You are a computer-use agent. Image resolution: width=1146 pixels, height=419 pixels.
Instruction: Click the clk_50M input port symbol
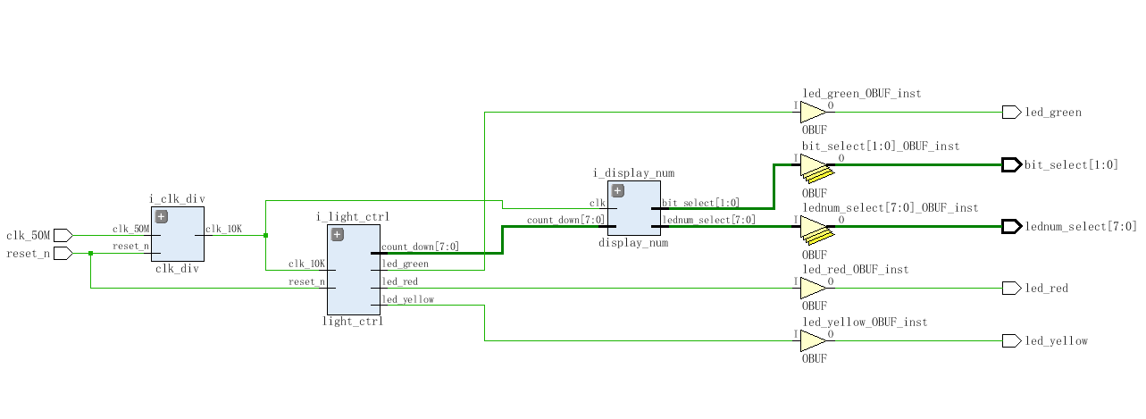point(63,235)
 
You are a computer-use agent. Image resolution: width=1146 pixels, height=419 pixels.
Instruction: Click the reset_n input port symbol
point(63,253)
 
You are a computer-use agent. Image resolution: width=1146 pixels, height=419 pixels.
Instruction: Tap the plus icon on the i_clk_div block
point(162,216)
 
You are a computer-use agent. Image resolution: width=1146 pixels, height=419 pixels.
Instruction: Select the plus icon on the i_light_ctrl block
point(338,234)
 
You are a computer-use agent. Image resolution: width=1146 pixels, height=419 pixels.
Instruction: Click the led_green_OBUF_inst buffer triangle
point(812,112)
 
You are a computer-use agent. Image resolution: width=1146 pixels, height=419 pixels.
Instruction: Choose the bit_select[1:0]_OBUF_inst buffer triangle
point(812,165)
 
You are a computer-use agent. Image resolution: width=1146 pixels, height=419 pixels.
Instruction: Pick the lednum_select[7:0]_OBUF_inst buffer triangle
point(812,227)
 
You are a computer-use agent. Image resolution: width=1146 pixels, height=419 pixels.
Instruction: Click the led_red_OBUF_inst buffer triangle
point(812,288)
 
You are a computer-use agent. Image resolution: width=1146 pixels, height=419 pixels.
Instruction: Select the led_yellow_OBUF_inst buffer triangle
point(812,340)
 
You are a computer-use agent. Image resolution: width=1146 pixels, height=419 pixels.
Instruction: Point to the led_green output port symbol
point(1011,112)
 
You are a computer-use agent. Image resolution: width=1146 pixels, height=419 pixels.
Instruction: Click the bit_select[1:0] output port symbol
point(1011,164)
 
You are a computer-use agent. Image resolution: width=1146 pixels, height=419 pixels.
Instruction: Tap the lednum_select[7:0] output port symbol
point(1011,226)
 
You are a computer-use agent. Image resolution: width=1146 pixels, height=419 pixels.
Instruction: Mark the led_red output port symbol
point(1011,288)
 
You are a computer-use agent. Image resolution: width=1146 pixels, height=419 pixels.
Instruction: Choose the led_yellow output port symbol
point(1011,340)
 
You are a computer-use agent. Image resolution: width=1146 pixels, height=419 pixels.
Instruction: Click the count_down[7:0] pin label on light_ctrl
point(420,247)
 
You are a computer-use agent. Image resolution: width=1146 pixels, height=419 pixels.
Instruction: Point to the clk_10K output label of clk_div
point(223,229)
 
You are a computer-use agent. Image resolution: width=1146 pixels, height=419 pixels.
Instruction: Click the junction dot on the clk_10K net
point(265,235)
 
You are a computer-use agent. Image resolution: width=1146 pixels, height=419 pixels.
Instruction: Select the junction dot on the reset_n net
point(90,253)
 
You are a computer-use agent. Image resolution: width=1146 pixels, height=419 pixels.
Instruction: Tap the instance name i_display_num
point(633,173)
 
